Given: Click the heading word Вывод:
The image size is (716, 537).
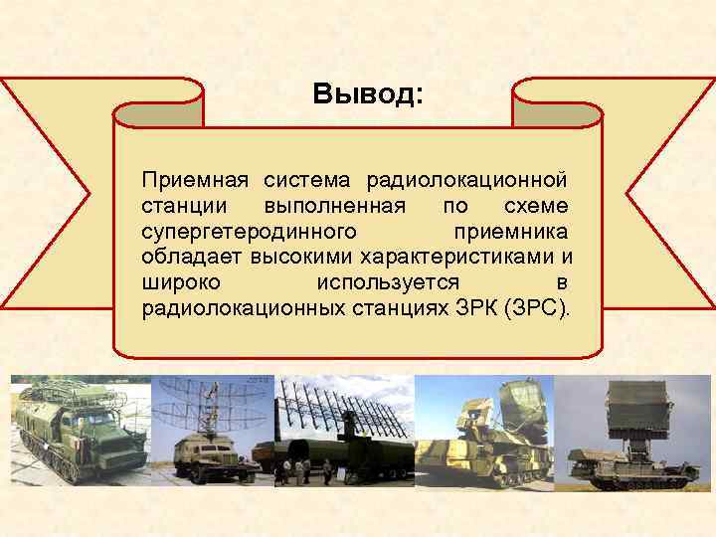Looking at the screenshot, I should [367, 94].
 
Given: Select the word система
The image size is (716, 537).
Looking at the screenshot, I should [306, 180].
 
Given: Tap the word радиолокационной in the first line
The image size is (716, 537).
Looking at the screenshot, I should [467, 180].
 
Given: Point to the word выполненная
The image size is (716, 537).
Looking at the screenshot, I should [334, 206].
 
